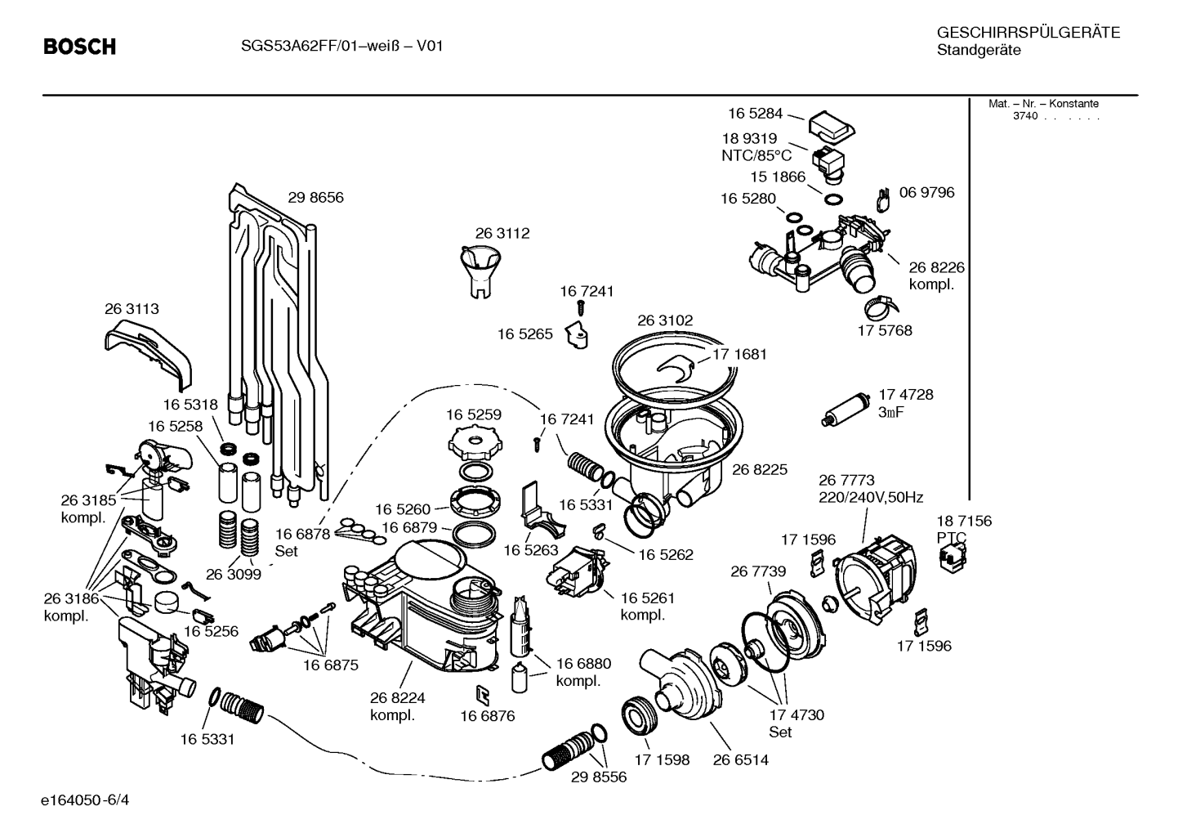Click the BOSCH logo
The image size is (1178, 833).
pyautogui.click(x=80, y=47)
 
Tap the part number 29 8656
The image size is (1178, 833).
pyautogui.click(x=315, y=197)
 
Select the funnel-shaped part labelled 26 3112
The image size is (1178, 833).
pyautogui.click(x=480, y=272)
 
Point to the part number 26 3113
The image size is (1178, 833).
pyautogui.click(x=132, y=309)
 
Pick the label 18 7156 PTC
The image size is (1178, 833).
pyautogui.click(x=963, y=530)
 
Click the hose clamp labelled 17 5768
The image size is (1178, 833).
pyautogui.click(x=881, y=308)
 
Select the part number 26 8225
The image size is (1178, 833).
pyautogui.click(x=760, y=469)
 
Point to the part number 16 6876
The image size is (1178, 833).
pyautogui.click(x=488, y=716)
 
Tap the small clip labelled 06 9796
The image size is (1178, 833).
pyautogui.click(x=884, y=200)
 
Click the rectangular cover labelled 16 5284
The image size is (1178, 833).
pyautogui.click(x=831, y=128)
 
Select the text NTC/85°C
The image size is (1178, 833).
pyautogui.click(x=756, y=156)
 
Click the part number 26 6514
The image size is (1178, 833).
pyautogui.click(x=740, y=760)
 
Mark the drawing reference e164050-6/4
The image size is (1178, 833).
pyautogui.click(x=85, y=800)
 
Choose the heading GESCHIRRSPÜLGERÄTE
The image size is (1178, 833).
pyautogui.click(x=1029, y=33)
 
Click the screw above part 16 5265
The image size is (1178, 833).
pyautogui.click(x=581, y=308)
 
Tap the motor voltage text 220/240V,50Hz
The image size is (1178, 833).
pyautogui.click(x=871, y=497)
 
